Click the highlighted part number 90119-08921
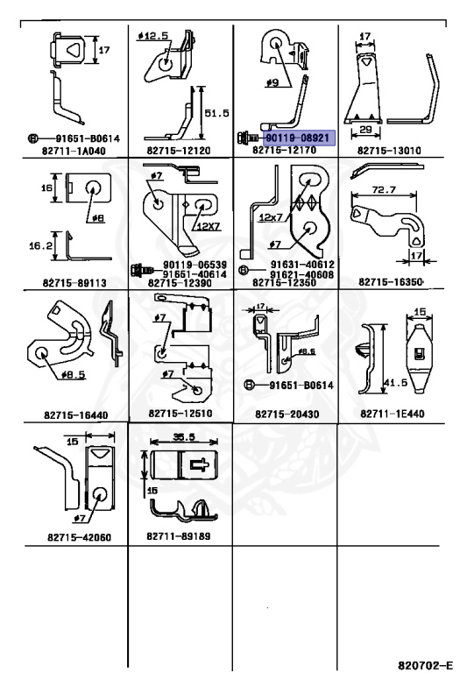coord(297,138)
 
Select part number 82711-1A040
coord(74,151)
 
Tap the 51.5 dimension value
coord(216,113)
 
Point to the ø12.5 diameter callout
coord(153,36)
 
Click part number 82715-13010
coord(389,150)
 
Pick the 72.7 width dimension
coord(384,189)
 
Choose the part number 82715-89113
coord(74,282)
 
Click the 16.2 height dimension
coord(40,245)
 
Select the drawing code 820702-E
coord(425,665)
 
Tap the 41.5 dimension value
coord(395,382)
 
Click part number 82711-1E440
coord(393,414)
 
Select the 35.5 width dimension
coord(184,437)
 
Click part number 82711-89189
coord(179,536)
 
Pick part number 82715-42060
coord(80,537)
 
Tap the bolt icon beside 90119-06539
coord(142,270)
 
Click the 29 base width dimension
coord(365,129)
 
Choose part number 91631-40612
coord(302,265)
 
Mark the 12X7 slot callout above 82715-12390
coord(208,226)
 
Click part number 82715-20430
coord(287,414)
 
